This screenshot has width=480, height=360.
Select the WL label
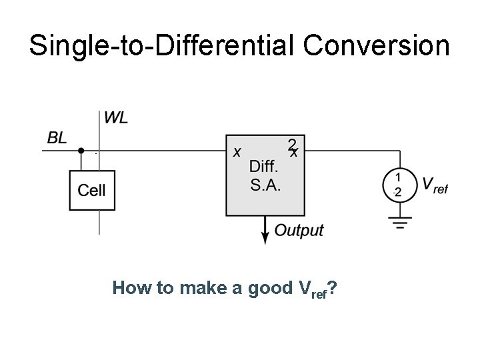click(116, 119)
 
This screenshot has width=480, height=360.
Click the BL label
click(57, 138)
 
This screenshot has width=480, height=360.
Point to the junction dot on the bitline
click(81, 151)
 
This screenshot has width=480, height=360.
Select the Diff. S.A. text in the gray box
click(265, 175)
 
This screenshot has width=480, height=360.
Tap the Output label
click(299, 231)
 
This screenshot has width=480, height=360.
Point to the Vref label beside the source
click(435, 185)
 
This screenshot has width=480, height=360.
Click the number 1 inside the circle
click(398, 177)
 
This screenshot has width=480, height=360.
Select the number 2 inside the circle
click(398, 193)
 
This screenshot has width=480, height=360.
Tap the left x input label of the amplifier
click(237, 152)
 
